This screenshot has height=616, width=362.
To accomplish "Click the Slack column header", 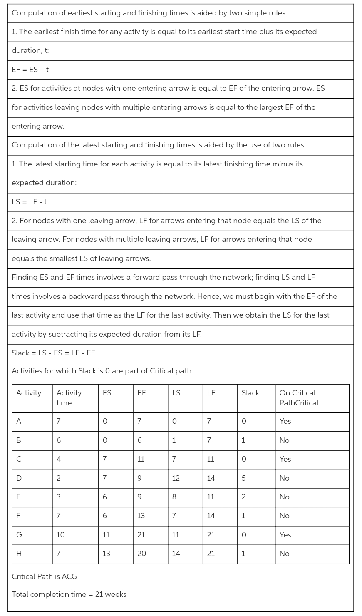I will pyautogui.click(x=250, y=393).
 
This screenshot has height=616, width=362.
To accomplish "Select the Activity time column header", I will pyautogui.click(x=69, y=398).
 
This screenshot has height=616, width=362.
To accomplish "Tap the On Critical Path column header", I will pyautogui.click(x=298, y=398).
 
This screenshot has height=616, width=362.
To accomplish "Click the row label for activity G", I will pyautogui.click(x=19, y=535).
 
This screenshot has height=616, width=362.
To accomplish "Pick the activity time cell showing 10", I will pyautogui.click(x=61, y=535).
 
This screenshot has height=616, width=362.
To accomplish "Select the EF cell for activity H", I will pyautogui.click(x=141, y=554).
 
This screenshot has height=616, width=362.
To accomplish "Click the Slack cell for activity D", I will pyautogui.click(x=244, y=478).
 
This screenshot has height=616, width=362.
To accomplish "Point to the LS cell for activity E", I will pyautogui.click(x=174, y=497).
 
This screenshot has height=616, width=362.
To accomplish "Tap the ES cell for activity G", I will pyautogui.click(x=106, y=535).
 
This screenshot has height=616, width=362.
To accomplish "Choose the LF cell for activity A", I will pyautogui.click(x=209, y=421).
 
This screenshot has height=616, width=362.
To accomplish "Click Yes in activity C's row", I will pyautogui.click(x=285, y=459).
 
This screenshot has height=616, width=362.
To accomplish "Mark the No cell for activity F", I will pyautogui.click(x=285, y=516).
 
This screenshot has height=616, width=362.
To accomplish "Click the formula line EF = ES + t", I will pyautogui.click(x=30, y=70).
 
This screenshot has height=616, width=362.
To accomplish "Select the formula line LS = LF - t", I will pyautogui.click(x=29, y=202).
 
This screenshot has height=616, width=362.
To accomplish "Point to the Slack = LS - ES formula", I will pyautogui.click(x=53, y=353).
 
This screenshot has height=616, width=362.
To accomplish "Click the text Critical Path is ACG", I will pyautogui.click(x=45, y=576).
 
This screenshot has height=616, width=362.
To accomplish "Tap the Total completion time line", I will pyautogui.click(x=69, y=594).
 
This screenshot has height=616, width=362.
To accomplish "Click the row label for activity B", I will pyautogui.click(x=19, y=440).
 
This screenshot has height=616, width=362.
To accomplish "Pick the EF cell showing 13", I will pyautogui.click(x=141, y=516).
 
